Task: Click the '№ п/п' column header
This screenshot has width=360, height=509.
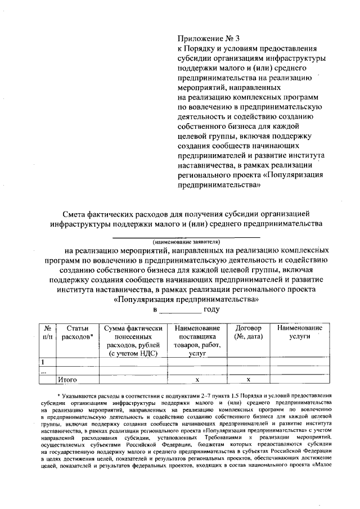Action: [x=48, y=332]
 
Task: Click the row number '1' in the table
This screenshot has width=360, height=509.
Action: [x=42, y=362]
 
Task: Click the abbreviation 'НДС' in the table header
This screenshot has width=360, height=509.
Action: [x=148, y=353]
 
